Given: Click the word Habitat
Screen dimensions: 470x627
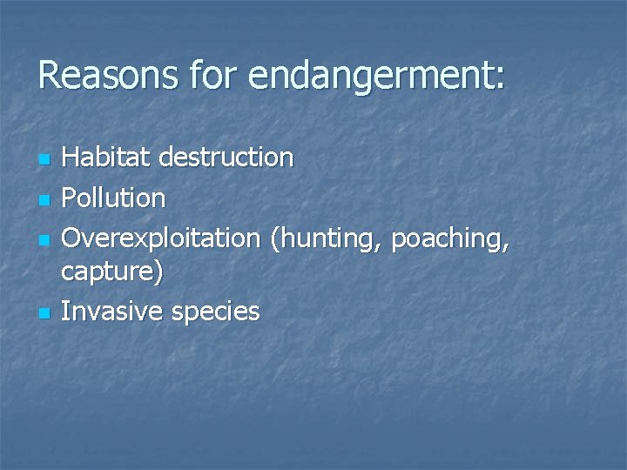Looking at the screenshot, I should pyautogui.click(x=106, y=158).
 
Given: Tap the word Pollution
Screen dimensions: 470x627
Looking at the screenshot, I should pyautogui.click(x=113, y=198).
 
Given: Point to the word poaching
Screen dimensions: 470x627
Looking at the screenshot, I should pyautogui.click(x=445, y=238).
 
